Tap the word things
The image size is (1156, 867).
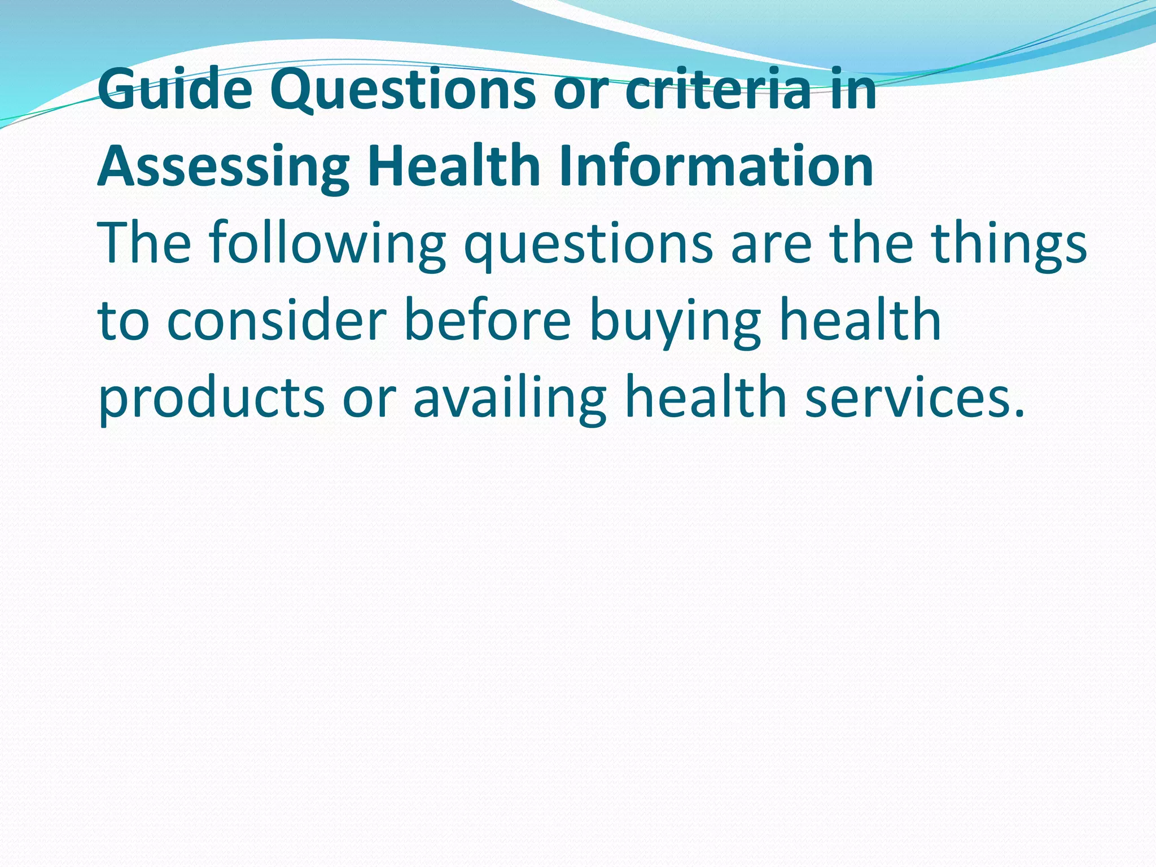(1009, 244)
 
